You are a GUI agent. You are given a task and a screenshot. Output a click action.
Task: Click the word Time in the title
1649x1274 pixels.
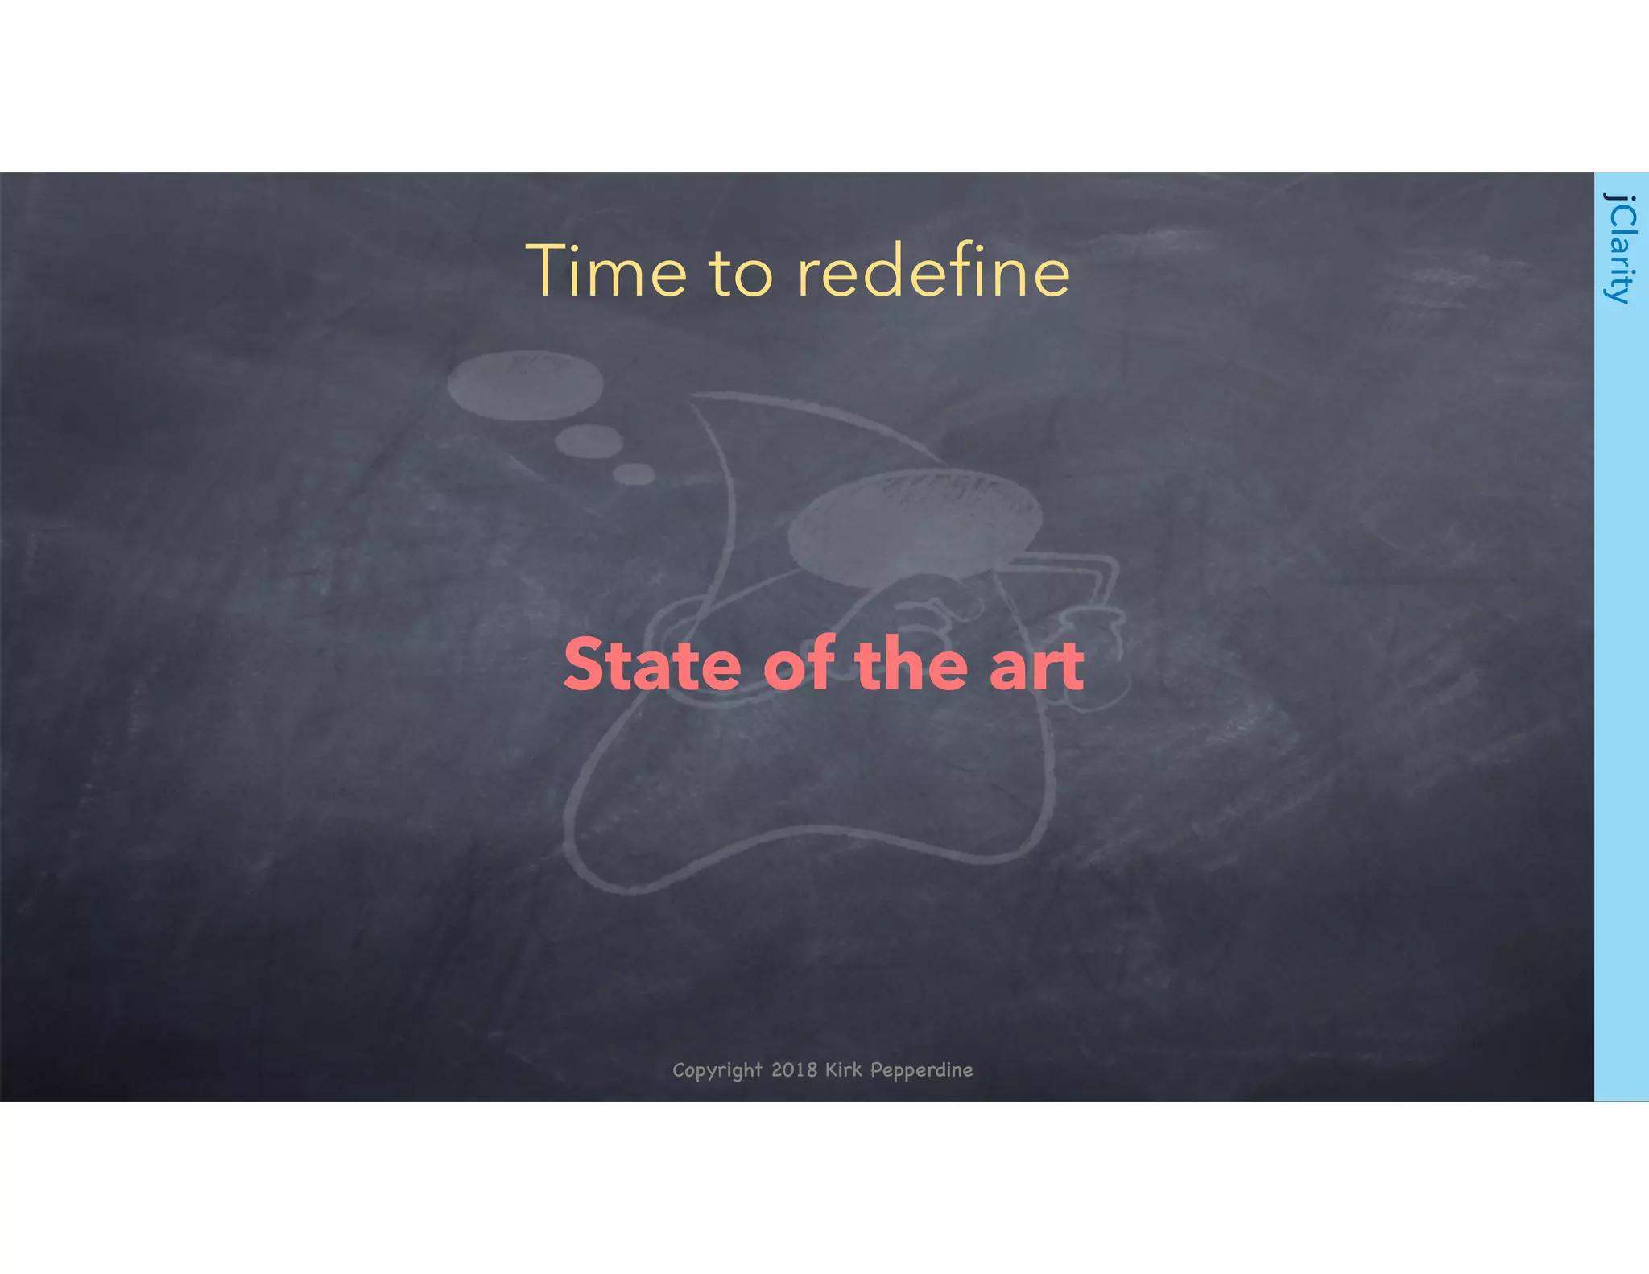click(606, 271)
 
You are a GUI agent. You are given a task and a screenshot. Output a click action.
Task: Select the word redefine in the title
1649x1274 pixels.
click(933, 271)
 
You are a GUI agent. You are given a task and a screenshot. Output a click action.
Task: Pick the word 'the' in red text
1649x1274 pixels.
click(911, 664)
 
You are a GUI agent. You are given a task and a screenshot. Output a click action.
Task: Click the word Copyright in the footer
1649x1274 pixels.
click(717, 1070)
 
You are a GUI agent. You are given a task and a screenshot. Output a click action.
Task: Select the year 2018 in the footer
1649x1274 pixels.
click(794, 1069)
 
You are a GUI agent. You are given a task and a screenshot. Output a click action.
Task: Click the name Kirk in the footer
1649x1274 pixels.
click(843, 1069)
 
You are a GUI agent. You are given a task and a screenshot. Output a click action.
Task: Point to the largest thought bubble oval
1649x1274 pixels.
click(525, 384)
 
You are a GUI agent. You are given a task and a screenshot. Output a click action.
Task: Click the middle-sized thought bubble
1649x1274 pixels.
click(589, 441)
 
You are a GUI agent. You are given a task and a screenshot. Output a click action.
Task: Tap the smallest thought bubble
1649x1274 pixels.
click(634, 474)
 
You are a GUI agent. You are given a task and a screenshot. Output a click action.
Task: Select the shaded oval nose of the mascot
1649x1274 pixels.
click(914, 528)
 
